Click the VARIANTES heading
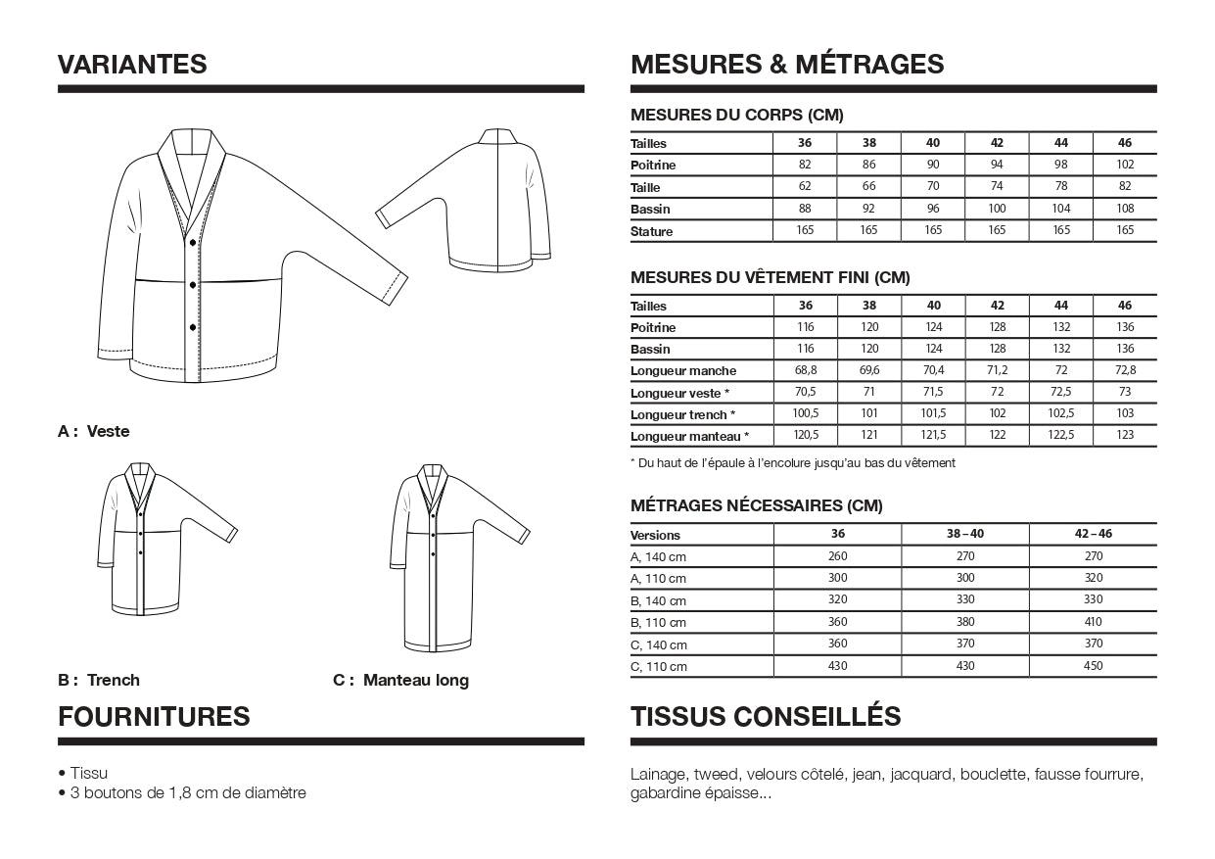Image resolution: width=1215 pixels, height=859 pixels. tap(132, 65)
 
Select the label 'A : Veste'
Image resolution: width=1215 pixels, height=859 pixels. tap(94, 431)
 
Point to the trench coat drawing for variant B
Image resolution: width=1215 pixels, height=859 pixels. tap(157, 539)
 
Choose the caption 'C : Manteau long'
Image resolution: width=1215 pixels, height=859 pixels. tap(401, 680)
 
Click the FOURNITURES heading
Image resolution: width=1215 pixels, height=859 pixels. tap(154, 717)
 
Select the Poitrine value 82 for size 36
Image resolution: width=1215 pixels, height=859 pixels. tap(805, 165)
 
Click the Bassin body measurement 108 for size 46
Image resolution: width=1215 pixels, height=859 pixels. tap(1124, 209)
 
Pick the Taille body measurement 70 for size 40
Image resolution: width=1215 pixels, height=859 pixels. tap(933, 187)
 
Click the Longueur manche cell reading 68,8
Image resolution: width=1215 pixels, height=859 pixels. tap(805, 370)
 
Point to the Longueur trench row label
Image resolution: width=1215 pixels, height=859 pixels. tap(682, 415)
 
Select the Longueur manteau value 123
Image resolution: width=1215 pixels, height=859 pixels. tap(1124, 435)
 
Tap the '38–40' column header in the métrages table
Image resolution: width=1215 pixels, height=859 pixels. tap(965, 535)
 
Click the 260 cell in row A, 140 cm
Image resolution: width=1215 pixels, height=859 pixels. tap(837, 556)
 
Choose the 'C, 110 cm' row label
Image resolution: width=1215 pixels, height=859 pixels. tap(659, 667)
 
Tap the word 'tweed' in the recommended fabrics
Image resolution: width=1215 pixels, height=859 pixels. tap(718, 774)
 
